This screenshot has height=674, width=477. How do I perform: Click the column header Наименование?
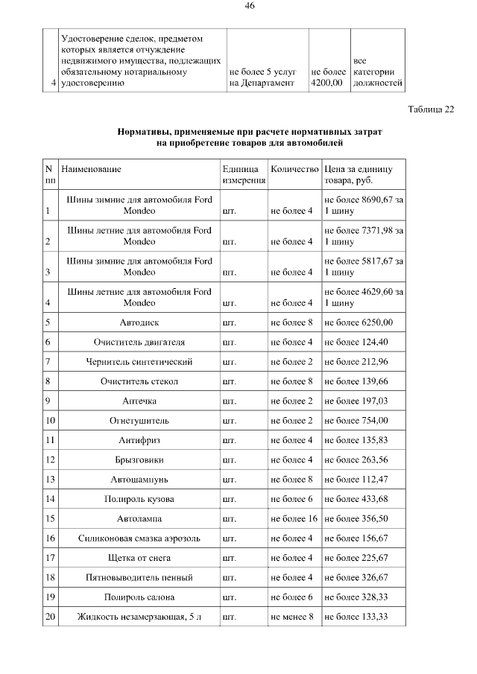point(91,170)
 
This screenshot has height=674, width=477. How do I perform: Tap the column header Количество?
point(294,170)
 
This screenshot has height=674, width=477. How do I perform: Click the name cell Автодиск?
point(139,322)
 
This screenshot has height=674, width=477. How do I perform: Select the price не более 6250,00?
point(358,322)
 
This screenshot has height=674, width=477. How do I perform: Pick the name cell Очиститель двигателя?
point(139,342)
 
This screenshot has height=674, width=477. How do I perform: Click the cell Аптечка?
point(139,401)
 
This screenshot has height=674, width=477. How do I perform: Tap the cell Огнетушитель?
point(139,420)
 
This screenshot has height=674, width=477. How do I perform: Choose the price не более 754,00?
point(356,420)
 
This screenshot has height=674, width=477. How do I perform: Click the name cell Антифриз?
point(139,440)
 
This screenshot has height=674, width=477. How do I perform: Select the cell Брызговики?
point(139,460)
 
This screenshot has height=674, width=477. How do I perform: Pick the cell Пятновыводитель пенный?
point(139,577)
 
